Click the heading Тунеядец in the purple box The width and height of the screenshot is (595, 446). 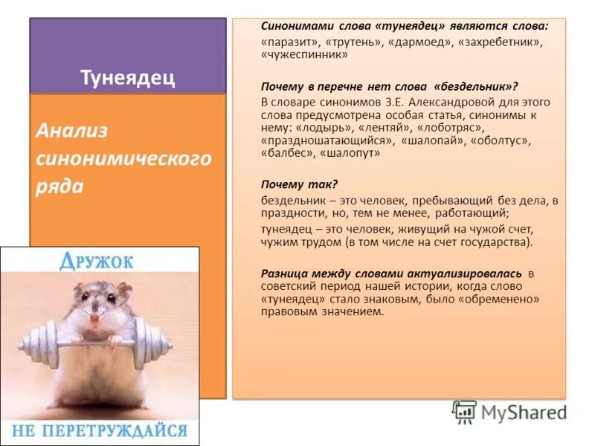(x=127, y=78)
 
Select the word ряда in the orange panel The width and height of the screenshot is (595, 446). (x=59, y=185)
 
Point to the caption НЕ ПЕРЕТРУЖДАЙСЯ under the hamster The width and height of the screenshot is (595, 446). (x=100, y=430)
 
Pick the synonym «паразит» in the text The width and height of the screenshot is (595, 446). (x=290, y=42)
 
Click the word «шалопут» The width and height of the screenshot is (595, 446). (x=349, y=153)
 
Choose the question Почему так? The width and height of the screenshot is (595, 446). (x=289, y=183)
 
